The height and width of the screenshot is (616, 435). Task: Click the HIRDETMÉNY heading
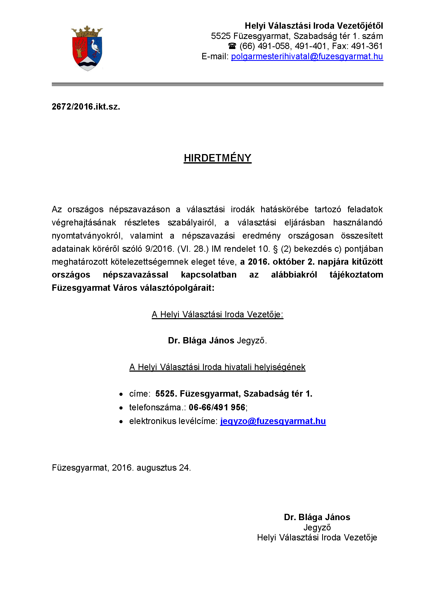tap(217, 158)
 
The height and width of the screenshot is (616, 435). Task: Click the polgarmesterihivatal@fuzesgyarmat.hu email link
tap(307, 56)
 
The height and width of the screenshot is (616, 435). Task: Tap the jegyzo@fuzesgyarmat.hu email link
tap(273, 421)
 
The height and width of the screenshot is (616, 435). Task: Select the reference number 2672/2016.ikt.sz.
tap(86, 107)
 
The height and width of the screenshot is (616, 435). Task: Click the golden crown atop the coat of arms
tap(87, 32)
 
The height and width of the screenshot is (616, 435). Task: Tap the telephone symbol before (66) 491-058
tap(232, 46)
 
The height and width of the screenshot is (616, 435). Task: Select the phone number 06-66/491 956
tap(217, 407)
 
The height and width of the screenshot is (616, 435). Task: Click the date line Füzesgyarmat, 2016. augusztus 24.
tap(121, 468)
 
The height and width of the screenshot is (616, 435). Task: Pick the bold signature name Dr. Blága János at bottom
tap(317, 517)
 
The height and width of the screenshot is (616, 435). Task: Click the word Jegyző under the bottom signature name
tap(317, 528)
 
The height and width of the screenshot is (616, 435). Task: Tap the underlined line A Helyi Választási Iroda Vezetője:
tap(217, 314)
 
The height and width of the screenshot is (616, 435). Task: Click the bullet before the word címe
tap(121, 394)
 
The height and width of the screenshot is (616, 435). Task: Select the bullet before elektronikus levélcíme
tap(121, 421)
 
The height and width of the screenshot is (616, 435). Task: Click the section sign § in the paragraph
tap(275, 249)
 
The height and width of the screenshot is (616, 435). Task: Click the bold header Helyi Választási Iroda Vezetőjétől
tap(314, 26)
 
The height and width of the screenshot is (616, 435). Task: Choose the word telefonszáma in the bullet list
tap(155, 407)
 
